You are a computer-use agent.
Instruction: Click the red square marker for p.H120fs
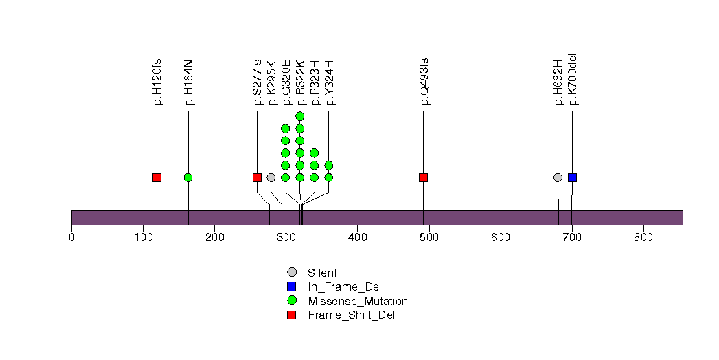pyautogui.click(x=157, y=177)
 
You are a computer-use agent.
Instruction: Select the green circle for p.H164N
pyautogui.click(x=188, y=177)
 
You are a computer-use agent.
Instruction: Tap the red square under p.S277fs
pyautogui.click(x=257, y=177)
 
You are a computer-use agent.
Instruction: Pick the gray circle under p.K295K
pyautogui.click(x=271, y=177)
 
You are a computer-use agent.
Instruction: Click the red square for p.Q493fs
pyautogui.click(x=423, y=177)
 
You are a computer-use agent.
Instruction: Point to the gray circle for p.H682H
pyautogui.click(x=558, y=177)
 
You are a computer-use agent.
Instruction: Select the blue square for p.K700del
pyautogui.click(x=572, y=177)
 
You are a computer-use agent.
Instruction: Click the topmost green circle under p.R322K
pyautogui.click(x=300, y=116)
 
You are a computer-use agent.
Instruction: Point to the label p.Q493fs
pyautogui.click(x=424, y=81)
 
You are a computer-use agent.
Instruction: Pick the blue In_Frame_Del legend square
pyautogui.click(x=291, y=286)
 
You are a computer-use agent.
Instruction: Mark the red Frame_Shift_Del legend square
pyautogui.click(x=291, y=315)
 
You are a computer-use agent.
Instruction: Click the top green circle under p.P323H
pyautogui.click(x=315, y=153)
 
